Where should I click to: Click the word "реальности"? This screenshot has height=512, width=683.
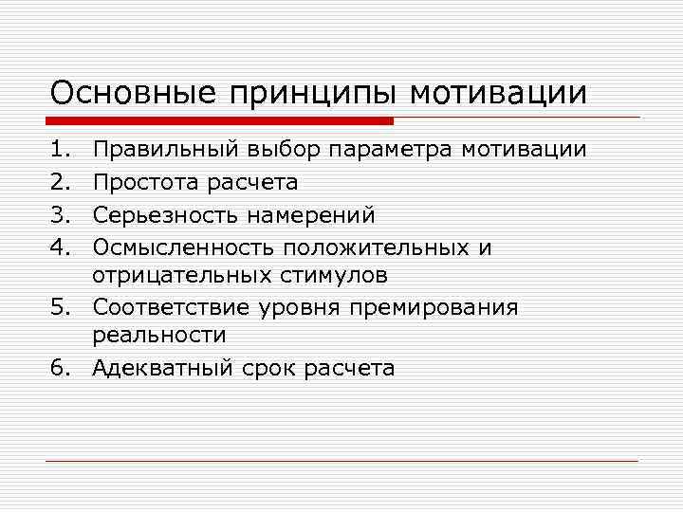pos(158,335)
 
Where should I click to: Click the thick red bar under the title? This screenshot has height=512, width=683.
pos(220,120)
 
